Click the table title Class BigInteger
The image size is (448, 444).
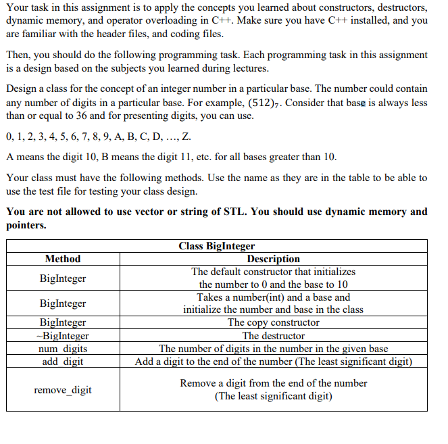pyautogui.click(x=216, y=245)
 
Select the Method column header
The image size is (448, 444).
pyautogui.click(x=63, y=259)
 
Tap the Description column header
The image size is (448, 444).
pyautogui.click(x=273, y=259)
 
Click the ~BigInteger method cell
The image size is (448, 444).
pyautogui.click(x=63, y=335)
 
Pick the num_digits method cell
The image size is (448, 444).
pyautogui.click(x=63, y=349)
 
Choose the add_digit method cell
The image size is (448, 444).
pyautogui.click(x=63, y=361)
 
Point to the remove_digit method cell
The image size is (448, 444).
pyautogui.click(x=63, y=390)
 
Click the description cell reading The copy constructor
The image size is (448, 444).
pyautogui.click(x=273, y=322)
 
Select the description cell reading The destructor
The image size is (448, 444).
pyautogui.click(x=273, y=335)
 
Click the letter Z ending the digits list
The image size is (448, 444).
pyautogui.click(x=186, y=137)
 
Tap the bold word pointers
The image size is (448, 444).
pyautogui.click(x=26, y=225)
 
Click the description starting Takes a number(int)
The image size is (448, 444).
pyautogui.click(x=273, y=303)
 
